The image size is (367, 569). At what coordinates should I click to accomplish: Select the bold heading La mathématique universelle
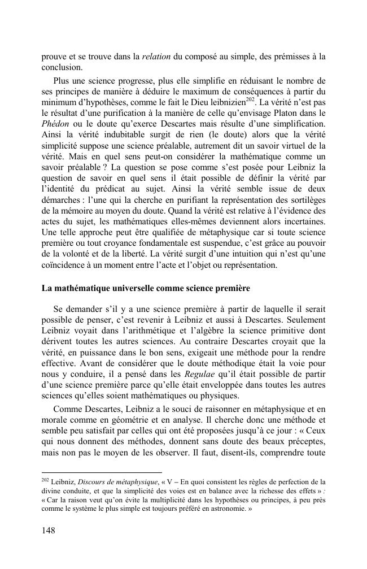[x=146, y=288]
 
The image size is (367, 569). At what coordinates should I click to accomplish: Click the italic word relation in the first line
[x=155, y=57]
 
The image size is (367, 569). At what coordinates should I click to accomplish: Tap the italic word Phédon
[x=56, y=123]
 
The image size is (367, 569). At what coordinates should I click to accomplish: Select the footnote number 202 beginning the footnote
[x=45, y=480]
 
